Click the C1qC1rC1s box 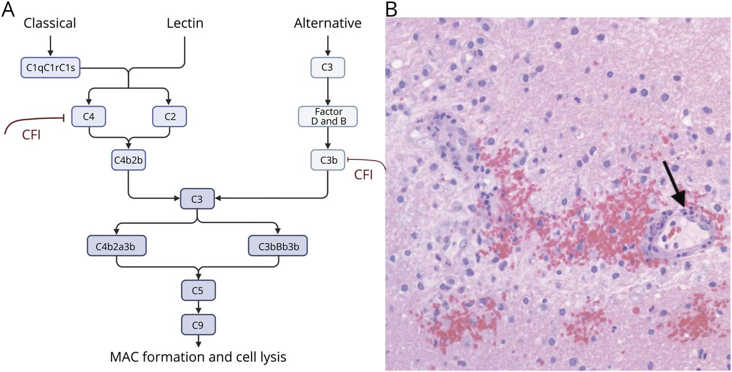[51, 67]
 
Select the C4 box [89, 117]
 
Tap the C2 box [169, 117]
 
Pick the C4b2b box [129, 160]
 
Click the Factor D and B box [328, 116]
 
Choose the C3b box [328, 160]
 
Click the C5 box [198, 290]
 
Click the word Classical [50, 23]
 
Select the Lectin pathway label [185, 23]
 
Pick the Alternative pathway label [328, 23]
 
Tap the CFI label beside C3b [363, 175]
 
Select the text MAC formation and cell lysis [198, 358]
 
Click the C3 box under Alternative [328, 67]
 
